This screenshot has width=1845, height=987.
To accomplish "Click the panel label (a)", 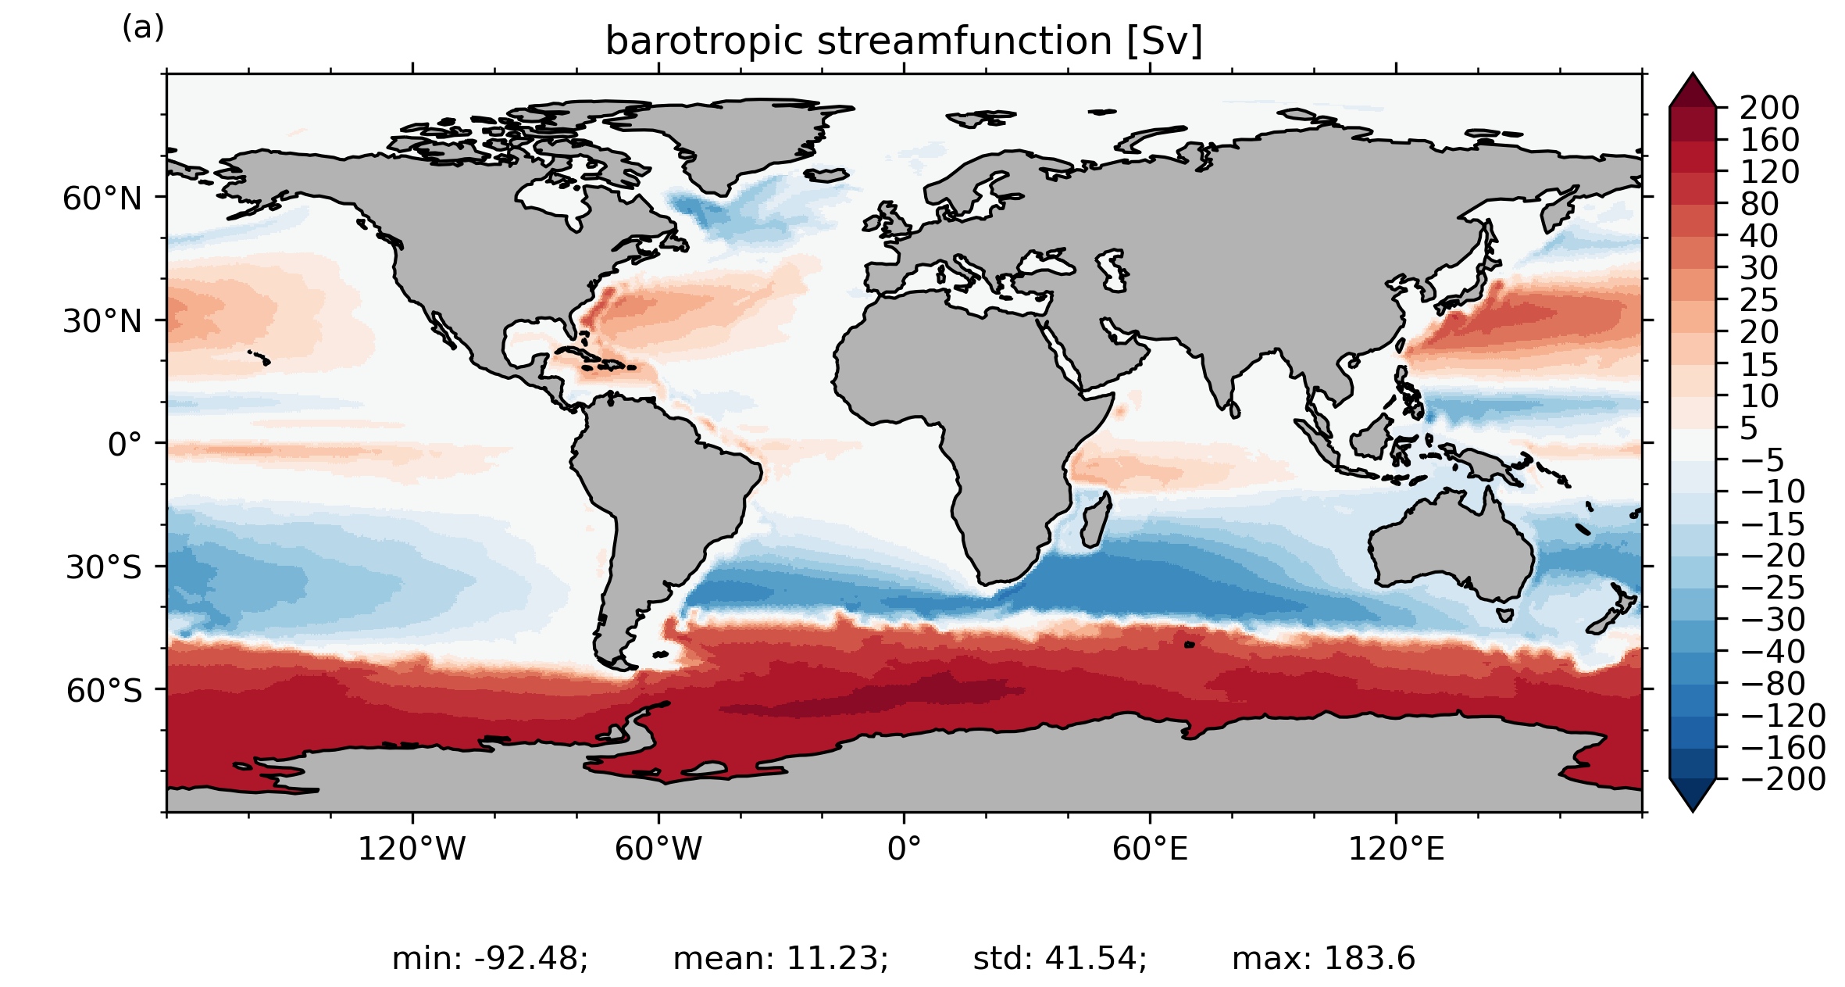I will click(143, 28).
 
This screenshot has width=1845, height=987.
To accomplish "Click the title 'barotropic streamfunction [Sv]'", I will click(904, 41).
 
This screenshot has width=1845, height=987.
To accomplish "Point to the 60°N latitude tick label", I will click(102, 198).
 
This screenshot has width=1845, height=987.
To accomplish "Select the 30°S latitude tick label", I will click(104, 567).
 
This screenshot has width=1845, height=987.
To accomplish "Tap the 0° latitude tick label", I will click(125, 445).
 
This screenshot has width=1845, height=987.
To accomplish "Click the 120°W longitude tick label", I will click(412, 849).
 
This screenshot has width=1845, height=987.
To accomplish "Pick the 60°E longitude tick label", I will click(1150, 849).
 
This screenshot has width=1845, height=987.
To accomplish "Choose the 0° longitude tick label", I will click(904, 849).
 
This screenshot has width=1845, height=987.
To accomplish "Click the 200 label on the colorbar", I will click(1769, 108).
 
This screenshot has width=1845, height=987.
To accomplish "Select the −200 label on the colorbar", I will click(1783, 779).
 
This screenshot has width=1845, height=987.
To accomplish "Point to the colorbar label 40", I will click(1759, 236).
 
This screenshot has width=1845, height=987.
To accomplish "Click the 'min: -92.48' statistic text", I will click(490, 958).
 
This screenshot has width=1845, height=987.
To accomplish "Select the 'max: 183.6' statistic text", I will click(1323, 958).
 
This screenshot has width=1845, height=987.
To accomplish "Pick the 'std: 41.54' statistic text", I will click(1060, 958).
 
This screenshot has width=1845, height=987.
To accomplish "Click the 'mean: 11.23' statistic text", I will click(780, 958).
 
